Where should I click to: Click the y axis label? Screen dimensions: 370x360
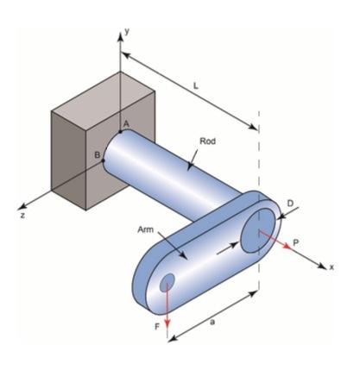pyautogui.click(x=126, y=30)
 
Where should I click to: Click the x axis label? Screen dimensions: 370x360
pyautogui.click(x=331, y=267)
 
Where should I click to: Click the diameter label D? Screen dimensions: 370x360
pyautogui.click(x=290, y=203)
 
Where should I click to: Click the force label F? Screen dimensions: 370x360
pyautogui.click(x=156, y=328)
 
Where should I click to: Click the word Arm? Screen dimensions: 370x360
pyautogui.click(x=144, y=230)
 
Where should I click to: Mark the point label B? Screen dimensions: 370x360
pyautogui.click(x=98, y=154)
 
